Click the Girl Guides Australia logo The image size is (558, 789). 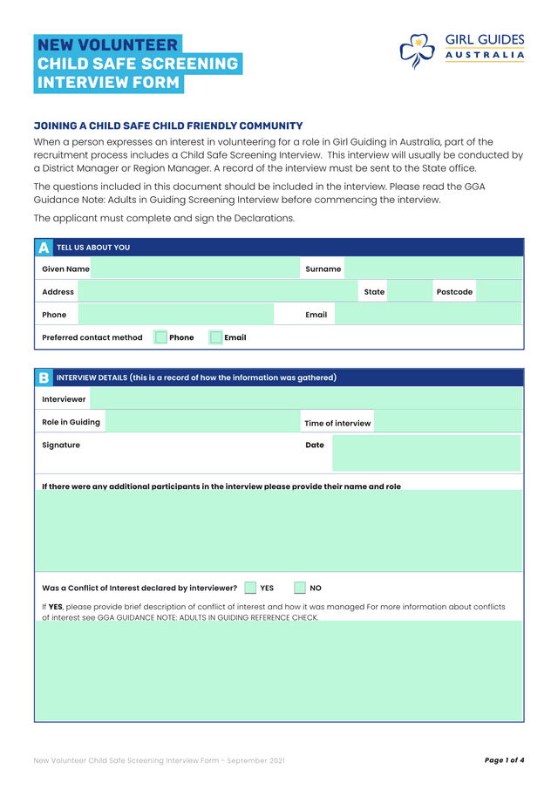pyautogui.click(x=461, y=51)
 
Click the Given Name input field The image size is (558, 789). pyautogui.click(x=194, y=269)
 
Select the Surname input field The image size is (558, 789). pyautogui.click(x=433, y=269)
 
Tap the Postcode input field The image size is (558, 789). pyautogui.click(x=499, y=291)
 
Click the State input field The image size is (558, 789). pyautogui.click(x=409, y=291)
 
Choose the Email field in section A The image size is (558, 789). pyautogui.click(x=426, y=314)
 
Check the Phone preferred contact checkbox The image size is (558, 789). pyautogui.click(x=160, y=337)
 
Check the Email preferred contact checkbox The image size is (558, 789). pyautogui.click(x=216, y=337)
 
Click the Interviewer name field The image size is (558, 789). pyautogui.click(x=305, y=398)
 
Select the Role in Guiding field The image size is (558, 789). pyautogui.click(x=201, y=422)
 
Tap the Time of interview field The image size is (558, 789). pyautogui.click(x=447, y=422)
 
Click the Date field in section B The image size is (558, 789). pyautogui.click(x=425, y=453)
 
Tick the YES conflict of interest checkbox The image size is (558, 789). pyautogui.click(x=251, y=588)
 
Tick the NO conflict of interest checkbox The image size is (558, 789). pyautogui.click(x=300, y=588)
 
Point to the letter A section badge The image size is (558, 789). pyautogui.click(x=44, y=248)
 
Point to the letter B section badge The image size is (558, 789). pyautogui.click(x=44, y=377)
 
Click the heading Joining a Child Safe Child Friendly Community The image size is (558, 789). pyautogui.click(x=168, y=126)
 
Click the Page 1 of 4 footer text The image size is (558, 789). pyautogui.click(x=504, y=760)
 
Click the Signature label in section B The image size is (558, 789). pyautogui.click(x=61, y=445)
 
